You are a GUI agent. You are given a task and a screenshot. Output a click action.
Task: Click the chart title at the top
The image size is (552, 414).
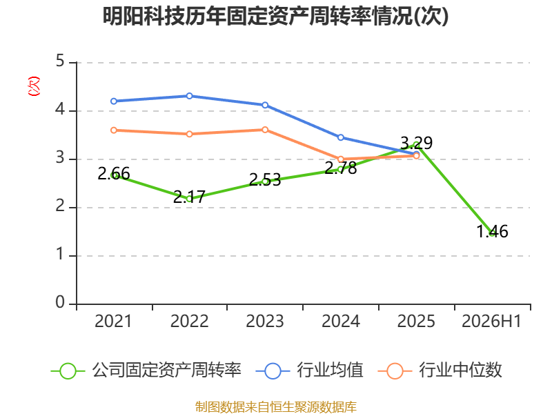(x=275, y=16)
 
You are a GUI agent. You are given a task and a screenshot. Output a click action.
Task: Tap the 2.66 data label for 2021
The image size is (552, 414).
(x=114, y=174)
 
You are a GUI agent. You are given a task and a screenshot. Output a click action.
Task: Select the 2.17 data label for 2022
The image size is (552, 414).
(x=189, y=197)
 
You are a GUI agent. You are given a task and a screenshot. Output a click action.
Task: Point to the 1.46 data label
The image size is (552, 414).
(x=492, y=232)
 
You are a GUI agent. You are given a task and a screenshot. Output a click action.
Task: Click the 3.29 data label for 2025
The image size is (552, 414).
(x=417, y=143)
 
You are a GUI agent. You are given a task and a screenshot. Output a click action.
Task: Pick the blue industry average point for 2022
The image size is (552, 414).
(x=189, y=96)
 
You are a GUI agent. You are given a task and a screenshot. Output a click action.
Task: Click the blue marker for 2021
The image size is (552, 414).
(x=114, y=101)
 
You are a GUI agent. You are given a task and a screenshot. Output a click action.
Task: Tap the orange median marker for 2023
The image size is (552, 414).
(x=265, y=130)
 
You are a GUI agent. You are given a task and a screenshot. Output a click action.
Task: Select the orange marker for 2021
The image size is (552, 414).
(x=114, y=130)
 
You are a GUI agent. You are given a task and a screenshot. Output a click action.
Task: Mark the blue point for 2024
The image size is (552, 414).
(x=341, y=137)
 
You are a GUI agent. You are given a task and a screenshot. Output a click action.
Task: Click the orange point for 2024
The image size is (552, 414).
(x=341, y=159)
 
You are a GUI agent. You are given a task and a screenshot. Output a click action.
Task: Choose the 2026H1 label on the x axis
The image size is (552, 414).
(x=491, y=322)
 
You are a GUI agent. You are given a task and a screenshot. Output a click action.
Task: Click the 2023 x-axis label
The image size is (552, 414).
(x=265, y=322)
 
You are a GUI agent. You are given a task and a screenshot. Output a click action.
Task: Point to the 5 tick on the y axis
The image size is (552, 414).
(x=60, y=61)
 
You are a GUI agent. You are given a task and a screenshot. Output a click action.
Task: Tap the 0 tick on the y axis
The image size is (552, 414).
(x=60, y=302)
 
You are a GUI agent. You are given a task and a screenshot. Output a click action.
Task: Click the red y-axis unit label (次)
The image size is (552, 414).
(x=34, y=86)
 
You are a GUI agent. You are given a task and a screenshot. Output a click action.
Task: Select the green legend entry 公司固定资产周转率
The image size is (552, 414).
(x=146, y=371)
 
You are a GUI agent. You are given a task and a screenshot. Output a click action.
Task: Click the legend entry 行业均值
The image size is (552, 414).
(x=309, y=371)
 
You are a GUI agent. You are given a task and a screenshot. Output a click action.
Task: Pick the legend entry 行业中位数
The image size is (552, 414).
(x=440, y=371)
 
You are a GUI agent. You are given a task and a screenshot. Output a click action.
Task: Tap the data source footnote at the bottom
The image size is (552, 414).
(x=276, y=407)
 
